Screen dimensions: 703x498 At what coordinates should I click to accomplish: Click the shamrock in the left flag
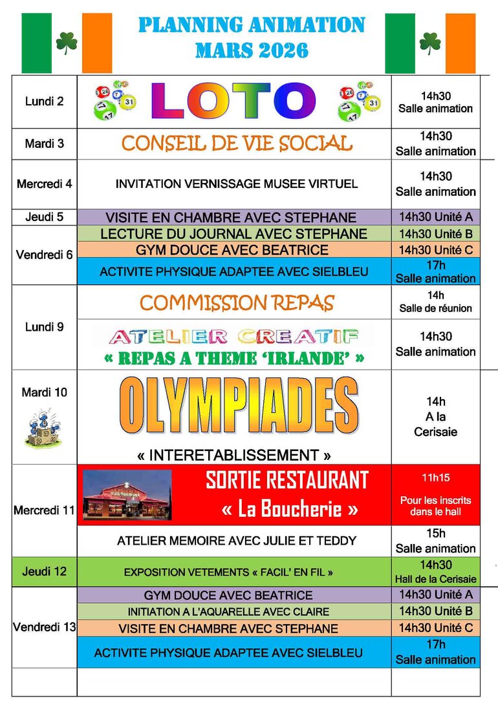(x=67, y=43)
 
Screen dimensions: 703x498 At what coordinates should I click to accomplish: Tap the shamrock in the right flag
(x=430, y=43)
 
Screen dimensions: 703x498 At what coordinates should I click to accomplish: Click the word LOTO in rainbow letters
(x=233, y=101)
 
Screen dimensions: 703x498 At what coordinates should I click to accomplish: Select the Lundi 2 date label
(x=44, y=101)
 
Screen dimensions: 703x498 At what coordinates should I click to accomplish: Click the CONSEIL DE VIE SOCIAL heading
(x=236, y=143)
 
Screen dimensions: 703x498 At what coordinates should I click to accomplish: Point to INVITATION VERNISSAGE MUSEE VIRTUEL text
(x=236, y=184)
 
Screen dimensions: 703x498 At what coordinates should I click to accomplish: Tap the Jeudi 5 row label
(x=44, y=217)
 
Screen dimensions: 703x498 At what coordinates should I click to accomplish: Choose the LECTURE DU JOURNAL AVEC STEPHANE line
(x=233, y=234)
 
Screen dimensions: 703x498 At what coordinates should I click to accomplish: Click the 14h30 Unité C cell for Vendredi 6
(x=436, y=250)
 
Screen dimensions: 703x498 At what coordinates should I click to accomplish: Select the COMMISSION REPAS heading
(x=237, y=302)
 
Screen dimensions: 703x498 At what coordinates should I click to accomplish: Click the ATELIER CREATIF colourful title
(x=233, y=336)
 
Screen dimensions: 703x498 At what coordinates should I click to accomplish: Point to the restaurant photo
(x=127, y=496)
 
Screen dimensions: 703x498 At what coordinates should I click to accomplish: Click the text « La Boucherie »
(x=289, y=509)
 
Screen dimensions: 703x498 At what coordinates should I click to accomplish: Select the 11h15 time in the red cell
(x=435, y=478)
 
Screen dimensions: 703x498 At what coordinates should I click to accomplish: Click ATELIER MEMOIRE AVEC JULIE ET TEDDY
(x=237, y=541)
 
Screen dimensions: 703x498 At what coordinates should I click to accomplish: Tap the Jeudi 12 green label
(x=44, y=572)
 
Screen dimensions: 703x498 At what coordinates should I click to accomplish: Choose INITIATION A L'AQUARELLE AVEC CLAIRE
(x=228, y=611)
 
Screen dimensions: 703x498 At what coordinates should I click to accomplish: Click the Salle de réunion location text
(x=436, y=309)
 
